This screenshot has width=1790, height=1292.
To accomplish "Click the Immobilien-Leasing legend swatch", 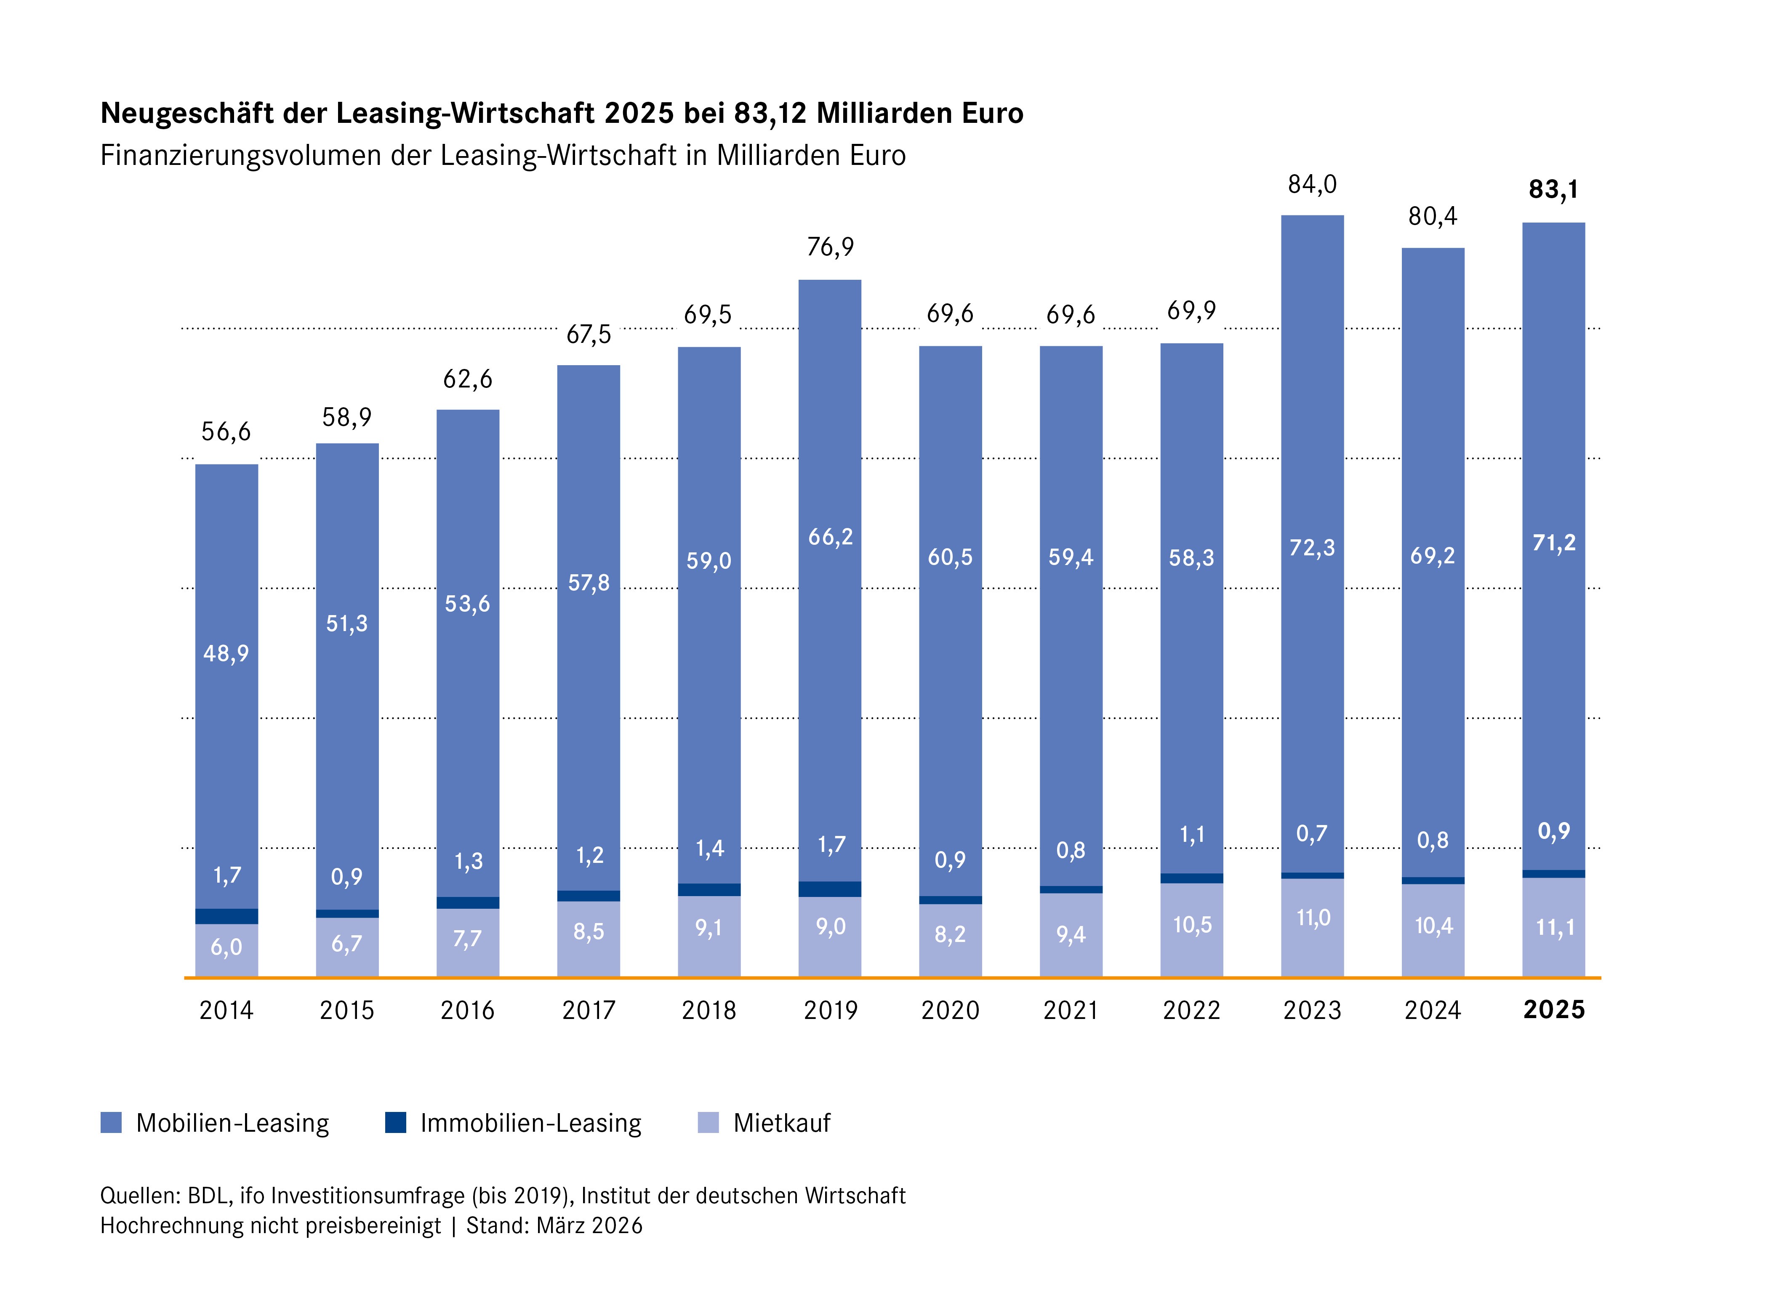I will pyautogui.click(x=395, y=1122).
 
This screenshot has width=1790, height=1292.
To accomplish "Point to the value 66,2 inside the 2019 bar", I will pyautogui.click(x=830, y=537).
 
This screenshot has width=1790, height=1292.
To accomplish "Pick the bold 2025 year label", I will pyautogui.click(x=1553, y=1011).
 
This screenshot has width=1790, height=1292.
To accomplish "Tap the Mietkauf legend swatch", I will pyautogui.click(x=709, y=1122).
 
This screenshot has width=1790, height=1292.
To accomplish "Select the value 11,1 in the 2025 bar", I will pyautogui.click(x=1554, y=928).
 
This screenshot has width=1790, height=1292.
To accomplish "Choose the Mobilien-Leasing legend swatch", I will pyautogui.click(x=111, y=1122).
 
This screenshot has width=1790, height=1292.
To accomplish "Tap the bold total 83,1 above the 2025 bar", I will pyautogui.click(x=1553, y=189).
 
